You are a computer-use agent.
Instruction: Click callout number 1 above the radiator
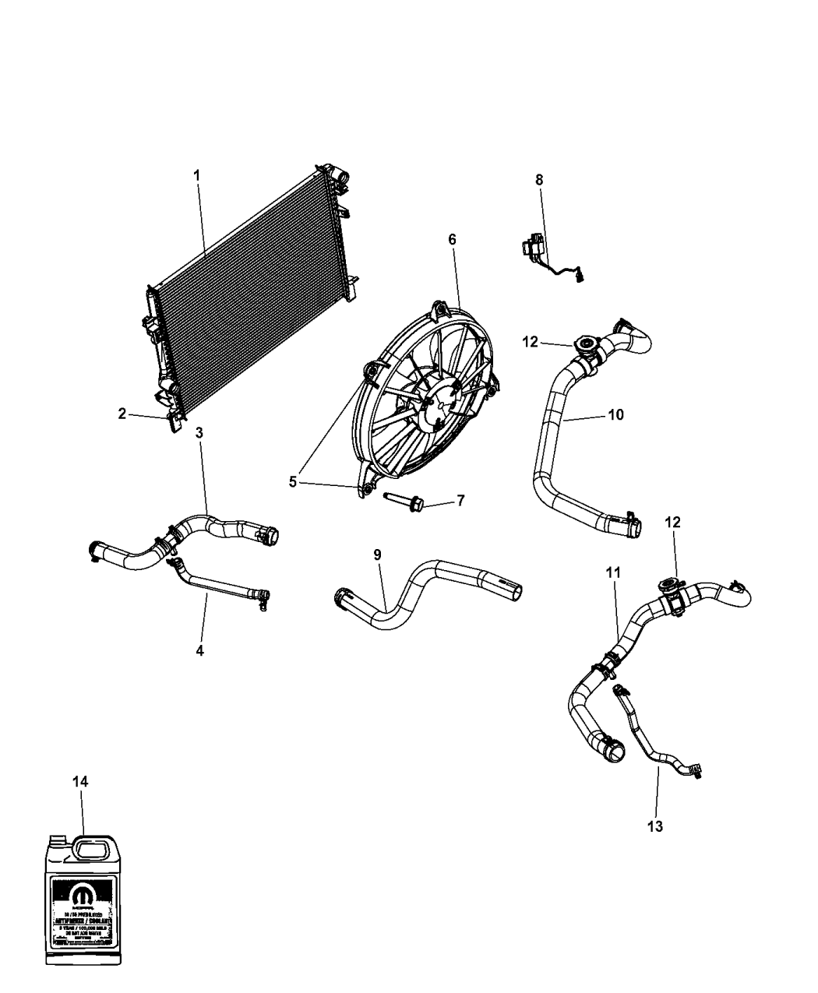[x=196, y=175]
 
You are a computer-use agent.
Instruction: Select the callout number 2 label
[x=122, y=414]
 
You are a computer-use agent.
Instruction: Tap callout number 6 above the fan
[x=452, y=239]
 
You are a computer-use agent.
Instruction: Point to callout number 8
[x=539, y=179]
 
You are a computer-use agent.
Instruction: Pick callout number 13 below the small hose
[x=655, y=826]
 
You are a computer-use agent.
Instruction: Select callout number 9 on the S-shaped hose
[x=377, y=555]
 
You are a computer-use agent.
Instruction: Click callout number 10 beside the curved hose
[x=615, y=415]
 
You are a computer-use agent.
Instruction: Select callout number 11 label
[x=613, y=573]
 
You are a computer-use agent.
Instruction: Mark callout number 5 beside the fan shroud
[x=293, y=482]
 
